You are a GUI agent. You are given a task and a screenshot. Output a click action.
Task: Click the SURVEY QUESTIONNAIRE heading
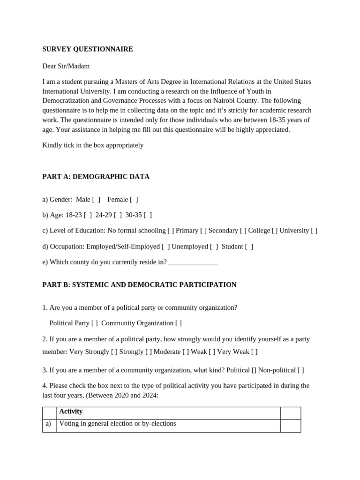click(88, 49)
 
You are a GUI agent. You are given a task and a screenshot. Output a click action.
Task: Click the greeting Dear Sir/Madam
click(66, 66)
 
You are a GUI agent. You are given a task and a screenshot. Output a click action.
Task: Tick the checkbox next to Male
click(96, 200)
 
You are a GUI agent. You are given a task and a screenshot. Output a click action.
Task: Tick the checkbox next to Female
click(134, 200)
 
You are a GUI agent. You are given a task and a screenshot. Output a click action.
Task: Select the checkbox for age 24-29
click(118, 215)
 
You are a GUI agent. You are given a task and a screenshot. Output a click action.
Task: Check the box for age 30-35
click(148, 215)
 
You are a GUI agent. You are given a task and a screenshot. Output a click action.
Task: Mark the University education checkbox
click(314, 231)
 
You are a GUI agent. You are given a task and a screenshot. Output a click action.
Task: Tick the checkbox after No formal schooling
click(171, 231)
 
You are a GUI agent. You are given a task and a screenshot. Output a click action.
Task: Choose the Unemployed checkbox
click(214, 247)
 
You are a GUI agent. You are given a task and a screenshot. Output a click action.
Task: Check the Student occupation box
click(249, 247)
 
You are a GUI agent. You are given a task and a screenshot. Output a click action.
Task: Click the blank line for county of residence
click(193, 262)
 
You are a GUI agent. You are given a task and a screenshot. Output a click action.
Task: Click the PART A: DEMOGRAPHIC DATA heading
click(96, 177)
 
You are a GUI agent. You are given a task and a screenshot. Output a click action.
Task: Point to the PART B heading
click(139, 285)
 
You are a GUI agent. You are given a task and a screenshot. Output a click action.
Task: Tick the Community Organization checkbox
click(179, 323)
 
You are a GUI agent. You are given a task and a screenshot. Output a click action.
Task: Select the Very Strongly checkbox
click(114, 352)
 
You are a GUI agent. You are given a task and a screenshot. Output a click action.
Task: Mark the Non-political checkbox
click(300, 370)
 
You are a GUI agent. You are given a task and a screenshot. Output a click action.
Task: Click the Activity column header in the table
click(71, 412)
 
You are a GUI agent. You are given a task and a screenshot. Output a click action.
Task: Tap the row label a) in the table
click(48, 424)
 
